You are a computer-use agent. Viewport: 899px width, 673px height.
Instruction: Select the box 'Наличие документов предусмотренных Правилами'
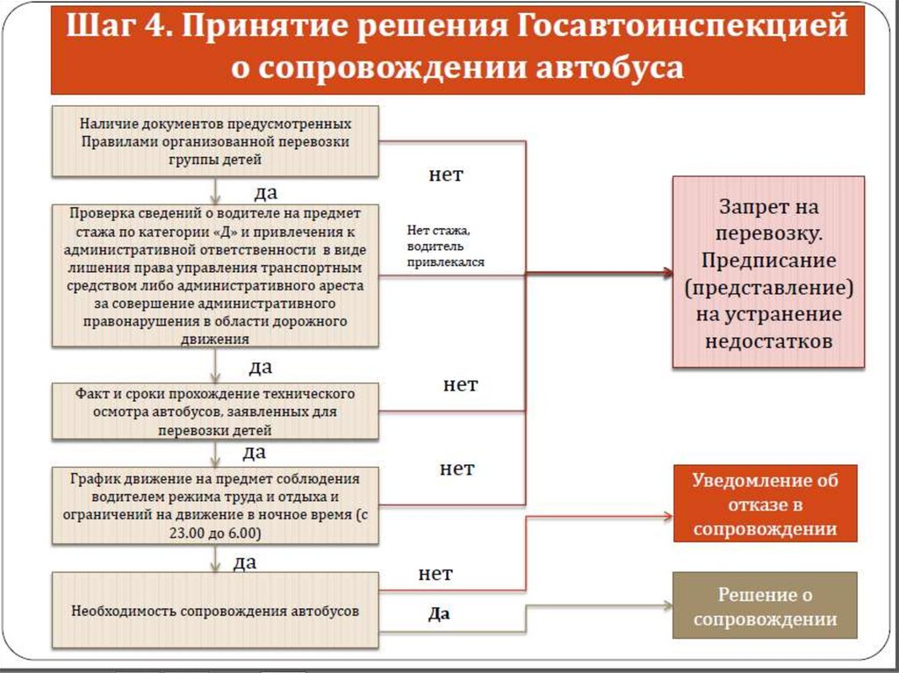pyautogui.click(x=215, y=140)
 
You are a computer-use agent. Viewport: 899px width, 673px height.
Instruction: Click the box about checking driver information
pyautogui.click(x=215, y=276)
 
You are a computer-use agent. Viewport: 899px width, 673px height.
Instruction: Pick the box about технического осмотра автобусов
pyautogui.click(x=215, y=412)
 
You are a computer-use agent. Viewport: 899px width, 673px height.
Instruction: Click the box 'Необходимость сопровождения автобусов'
pyautogui.click(x=215, y=611)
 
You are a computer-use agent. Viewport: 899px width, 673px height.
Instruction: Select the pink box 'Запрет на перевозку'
pyautogui.click(x=768, y=272)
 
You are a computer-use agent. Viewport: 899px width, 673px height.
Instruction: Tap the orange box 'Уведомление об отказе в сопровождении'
pyautogui.click(x=765, y=504)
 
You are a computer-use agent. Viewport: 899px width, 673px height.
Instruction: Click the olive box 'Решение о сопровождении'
pyautogui.click(x=765, y=606)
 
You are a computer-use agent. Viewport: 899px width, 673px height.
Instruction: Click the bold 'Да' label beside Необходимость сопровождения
pyautogui.click(x=439, y=614)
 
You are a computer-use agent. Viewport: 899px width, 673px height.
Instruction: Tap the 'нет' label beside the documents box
pyautogui.click(x=446, y=175)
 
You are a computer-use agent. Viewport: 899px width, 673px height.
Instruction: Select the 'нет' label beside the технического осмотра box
pyautogui.click(x=460, y=384)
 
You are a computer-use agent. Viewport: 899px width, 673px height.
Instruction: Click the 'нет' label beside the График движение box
pyautogui.click(x=457, y=469)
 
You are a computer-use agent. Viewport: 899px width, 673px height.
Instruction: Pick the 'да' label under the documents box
pyautogui.click(x=266, y=191)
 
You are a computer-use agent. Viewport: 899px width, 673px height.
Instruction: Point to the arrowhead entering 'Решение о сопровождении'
pyautogui.click(x=666, y=606)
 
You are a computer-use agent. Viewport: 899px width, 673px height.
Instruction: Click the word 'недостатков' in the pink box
pyautogui.click(x=768, y=341)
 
